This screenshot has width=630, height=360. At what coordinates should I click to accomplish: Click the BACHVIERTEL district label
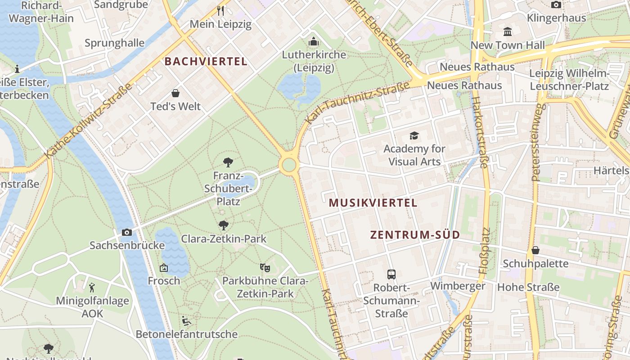[206, 62]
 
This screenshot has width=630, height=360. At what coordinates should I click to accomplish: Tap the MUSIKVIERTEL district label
[373, 203]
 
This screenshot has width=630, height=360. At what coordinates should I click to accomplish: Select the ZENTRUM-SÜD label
[415, 235]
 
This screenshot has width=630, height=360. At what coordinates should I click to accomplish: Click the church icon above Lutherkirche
[314, 42]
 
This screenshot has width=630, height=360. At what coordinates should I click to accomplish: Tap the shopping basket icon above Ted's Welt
[175, 93]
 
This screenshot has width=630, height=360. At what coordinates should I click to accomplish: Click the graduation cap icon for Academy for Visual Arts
[414, 135]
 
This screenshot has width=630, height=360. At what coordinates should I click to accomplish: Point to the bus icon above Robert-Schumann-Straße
[391, 274]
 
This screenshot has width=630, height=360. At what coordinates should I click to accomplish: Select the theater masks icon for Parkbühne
[265, 268]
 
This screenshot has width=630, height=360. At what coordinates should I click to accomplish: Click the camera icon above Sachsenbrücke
[127, 232]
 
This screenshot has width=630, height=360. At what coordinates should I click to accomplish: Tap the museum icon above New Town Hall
[508, 31]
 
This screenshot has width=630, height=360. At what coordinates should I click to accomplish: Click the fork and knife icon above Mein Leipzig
[220, 10]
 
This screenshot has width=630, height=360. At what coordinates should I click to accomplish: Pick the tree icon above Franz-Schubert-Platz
[228, 162]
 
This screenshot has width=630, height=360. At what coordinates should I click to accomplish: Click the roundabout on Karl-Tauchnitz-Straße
[288, 165]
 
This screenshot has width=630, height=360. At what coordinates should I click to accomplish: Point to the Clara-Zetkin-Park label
[224, 239]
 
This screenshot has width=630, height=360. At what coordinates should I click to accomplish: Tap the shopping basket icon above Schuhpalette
[535, 250]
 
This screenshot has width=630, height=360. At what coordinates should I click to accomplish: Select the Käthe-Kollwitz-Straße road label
[89, 121]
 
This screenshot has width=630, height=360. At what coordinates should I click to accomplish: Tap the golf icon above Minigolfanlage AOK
[92, 287]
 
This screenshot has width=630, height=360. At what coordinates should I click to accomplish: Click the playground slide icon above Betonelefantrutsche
[186, 321]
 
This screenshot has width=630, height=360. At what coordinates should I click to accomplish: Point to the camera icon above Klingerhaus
[556, 5]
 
